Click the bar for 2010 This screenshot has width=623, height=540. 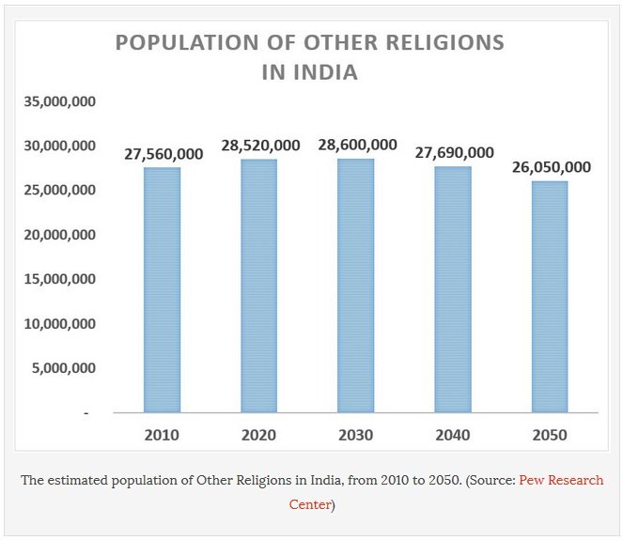[163, 289]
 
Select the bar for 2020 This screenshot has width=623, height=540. [259, 285]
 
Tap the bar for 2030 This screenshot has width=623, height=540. [356, 285]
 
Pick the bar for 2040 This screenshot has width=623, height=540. [453, 288]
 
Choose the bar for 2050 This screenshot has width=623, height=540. [550, 296]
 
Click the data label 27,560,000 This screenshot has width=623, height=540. [164, 154]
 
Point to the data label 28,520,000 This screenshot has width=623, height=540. [260, 146]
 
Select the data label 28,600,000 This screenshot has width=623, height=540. [357, 145]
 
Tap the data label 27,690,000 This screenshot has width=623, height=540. [454, 153]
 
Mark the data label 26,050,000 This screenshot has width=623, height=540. [551, 167]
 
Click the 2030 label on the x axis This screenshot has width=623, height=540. [356, 435]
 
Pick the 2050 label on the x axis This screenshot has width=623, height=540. [550, 435]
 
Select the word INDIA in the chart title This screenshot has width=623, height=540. [324, 72]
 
